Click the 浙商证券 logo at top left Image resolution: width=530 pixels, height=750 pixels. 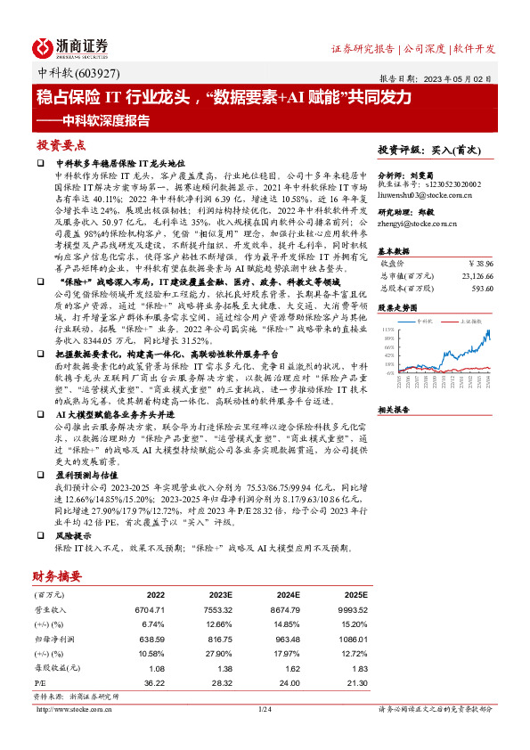point(72,47)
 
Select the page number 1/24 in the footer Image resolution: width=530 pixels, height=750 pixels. point(264,710)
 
